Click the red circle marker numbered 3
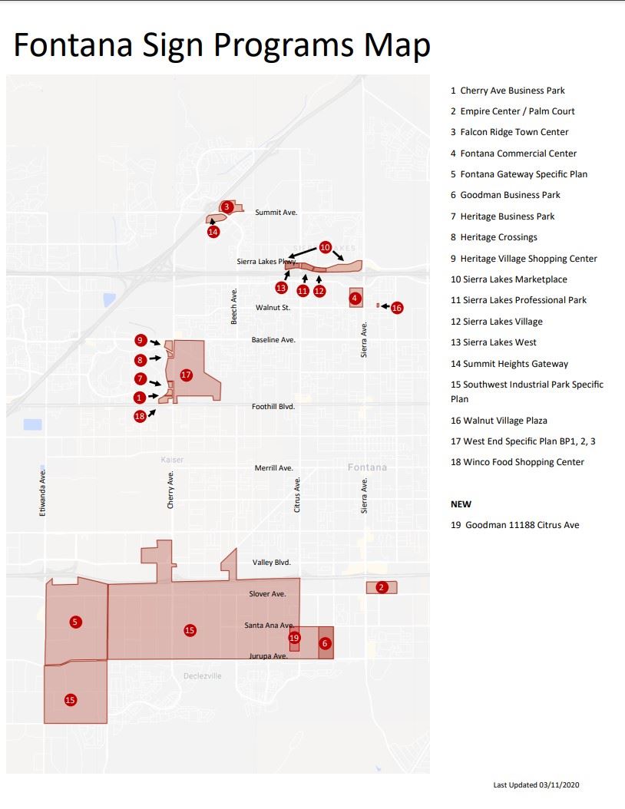pyautogui.click(x=227, y=206)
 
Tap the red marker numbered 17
pyautogui.click(x=185, y=375)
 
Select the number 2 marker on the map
pyautogui.click(x=382, y=587)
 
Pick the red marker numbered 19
pyautogui.click(x=294, y=638)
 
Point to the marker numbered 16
pyautogui.click(x=396, y=308)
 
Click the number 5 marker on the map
pyautogui.click(x=75, y=622)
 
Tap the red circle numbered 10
pyautogui.click(x=325, y=247)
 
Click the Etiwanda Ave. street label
pyautogui.click(x=44, y=490)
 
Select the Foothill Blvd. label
pyautogui.click(x=273, y=407)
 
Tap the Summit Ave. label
pyautogui.click(x=276, y=213)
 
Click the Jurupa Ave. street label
pyautogui.click(x=268, y=656)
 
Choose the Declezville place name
pyautogui.click(x=203, y=676)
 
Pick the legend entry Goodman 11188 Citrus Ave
pyautogui.click(x=514, y=525)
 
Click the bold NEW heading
pyautogui.click(x=461, y=504)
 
